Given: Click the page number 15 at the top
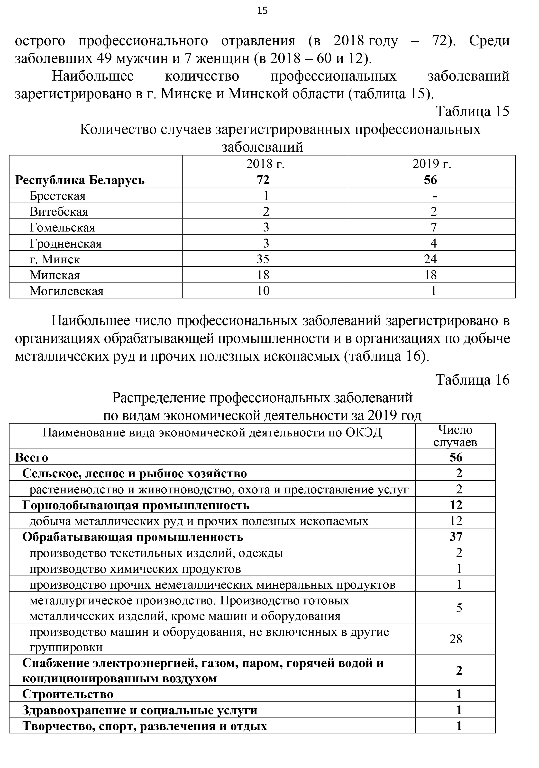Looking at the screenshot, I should [x=263, y=11].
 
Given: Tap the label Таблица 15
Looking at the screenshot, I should [x=473, y=111].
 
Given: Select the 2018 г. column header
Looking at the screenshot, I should [x=265, y=164].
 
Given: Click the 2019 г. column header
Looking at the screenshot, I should [x=432, y=164].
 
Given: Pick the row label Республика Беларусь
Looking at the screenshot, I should [x=80, y=180].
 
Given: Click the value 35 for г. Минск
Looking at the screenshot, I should [x=263, y=259].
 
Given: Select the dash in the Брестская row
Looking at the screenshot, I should [x=435, y=196].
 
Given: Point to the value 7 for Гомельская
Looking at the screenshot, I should [x=434, y=227].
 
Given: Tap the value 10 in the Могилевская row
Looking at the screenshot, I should [x=263, y=291].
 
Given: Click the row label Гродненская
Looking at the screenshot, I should [x=65, y=243].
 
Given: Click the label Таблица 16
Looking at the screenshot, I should [x=473, y=380].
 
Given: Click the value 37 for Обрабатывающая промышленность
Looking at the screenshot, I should [x=456, y=537].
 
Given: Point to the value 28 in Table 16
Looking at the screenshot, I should [x=456, y=639].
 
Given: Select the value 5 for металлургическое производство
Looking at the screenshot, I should [x=459, y=607].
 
